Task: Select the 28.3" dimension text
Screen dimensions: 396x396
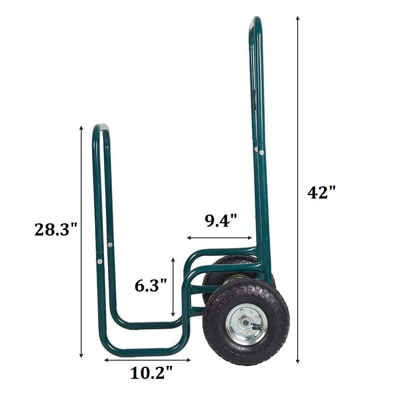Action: [56, 229]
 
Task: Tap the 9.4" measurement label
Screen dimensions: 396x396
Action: [221, 221]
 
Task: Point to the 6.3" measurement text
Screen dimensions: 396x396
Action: [151, 285]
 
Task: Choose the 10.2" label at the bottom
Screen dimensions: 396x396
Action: [152, 372]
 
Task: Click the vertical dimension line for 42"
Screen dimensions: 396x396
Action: [298, 191]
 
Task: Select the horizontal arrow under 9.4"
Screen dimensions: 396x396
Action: [220, 238]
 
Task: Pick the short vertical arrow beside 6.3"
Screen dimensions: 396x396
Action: [173, 287]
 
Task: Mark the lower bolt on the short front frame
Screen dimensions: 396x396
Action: [99, 261]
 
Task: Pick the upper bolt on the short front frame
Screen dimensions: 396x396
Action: [110, 245]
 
